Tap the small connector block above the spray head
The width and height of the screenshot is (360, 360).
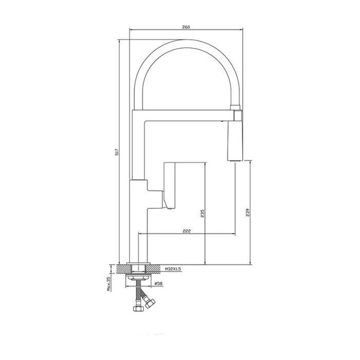[x=238, y=109]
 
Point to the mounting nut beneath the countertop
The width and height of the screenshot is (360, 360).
[x=137, y=276]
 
